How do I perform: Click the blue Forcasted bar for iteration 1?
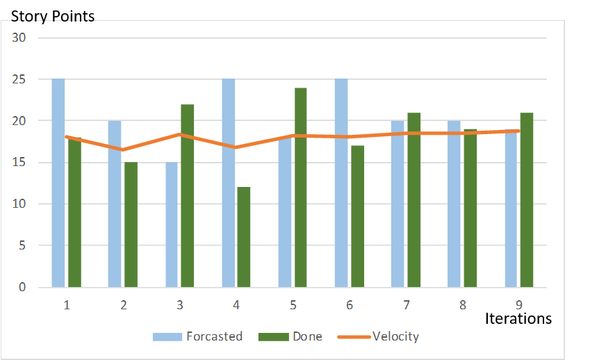point(58,183)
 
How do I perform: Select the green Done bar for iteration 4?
point(243,237)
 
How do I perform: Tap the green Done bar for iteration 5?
point(300,188)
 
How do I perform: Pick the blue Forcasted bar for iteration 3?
point(171,224)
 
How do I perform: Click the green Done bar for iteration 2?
point(131,224)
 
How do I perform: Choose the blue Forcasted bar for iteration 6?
point(341,183)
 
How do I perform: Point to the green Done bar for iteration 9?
point(526,200)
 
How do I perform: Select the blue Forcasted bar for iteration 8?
point(453,204)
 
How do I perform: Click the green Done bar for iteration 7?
point(413,200)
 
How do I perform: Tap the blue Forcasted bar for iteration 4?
point(228,183)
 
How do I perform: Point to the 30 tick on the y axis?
point(19,38)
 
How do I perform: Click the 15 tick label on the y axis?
point(19,163)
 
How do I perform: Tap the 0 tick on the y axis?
point(22,287)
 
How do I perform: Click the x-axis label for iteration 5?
point(293,304)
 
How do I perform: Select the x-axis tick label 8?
point(461,304)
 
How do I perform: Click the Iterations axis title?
point(518,318)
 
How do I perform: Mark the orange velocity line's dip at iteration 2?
point(123,149)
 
